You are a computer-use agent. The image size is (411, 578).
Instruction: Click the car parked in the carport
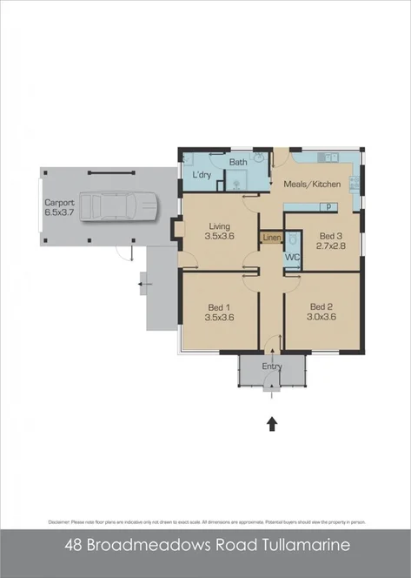(x=121, y=206)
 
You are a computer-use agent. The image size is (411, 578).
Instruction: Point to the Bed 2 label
(x=322, y=306)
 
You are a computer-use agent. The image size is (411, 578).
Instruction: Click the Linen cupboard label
(x=272, y=237)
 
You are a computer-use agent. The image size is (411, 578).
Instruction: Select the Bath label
(x=238, y=163)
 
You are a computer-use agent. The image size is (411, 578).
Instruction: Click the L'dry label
(x=202, y=175)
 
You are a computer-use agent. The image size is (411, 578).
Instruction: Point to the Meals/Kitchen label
(x=314, y=185)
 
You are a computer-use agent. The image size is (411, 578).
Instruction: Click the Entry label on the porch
(x=272, y=366)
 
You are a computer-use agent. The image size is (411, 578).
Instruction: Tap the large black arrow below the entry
(x=272, y=424)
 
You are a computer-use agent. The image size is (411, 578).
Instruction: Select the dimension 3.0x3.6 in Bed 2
(x=322, y=317)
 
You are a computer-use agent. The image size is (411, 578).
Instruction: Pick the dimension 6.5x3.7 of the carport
(x=60, y=212)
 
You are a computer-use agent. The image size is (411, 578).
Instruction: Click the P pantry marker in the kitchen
(x=329, y=207)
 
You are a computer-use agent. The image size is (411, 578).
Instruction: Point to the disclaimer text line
(x=205, y=521)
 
